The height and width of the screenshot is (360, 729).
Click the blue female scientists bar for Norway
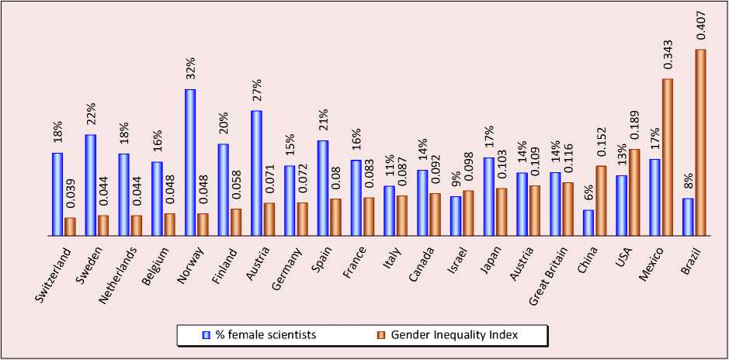coord(190,162)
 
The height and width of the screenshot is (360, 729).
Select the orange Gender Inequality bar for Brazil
coord(701,142)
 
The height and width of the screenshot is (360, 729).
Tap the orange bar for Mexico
coord(668,157)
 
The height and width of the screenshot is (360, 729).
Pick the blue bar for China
coord(588,223)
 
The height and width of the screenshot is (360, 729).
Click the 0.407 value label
coord(701,25)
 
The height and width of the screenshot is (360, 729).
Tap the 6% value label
coord(588,194)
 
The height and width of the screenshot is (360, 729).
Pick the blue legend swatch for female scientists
coord(205,335)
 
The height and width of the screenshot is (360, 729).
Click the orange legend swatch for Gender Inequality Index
coord(381,335)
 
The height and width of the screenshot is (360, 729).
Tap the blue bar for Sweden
coord(91,185)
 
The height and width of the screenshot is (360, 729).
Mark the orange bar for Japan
coord(502,212)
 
